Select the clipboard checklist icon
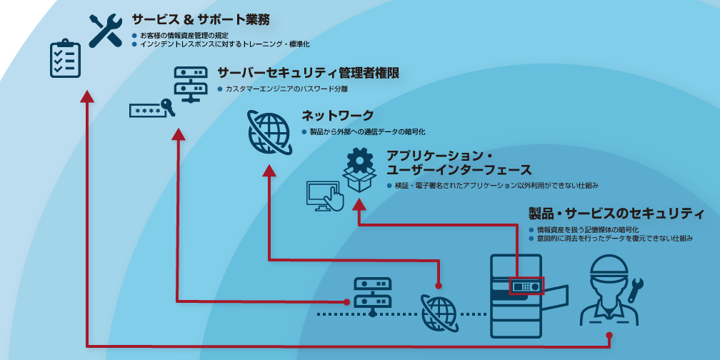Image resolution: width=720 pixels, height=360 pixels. [x=65, y=59]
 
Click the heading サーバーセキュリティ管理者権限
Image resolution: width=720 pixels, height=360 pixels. [x=308, y=73]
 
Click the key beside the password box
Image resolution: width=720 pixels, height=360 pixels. [x=168, y=106]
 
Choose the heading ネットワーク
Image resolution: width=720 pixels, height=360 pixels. [x=338, y=116]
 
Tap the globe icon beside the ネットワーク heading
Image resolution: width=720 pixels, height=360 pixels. [x=268, y=132]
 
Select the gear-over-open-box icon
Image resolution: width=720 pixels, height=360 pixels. [x=359, y=169]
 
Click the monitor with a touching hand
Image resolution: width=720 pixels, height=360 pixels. [x=325, y=196]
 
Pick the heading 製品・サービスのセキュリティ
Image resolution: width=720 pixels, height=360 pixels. [x=616, y=213]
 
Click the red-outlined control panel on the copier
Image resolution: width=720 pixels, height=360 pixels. [x=526, y=286]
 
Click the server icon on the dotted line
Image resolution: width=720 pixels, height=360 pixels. [x=372, y=295]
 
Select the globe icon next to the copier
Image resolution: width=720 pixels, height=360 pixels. [x=439, y=313]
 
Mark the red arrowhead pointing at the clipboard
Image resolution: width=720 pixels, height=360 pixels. [x=87, y=96]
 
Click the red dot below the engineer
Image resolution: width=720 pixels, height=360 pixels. [x=609, y=335]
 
